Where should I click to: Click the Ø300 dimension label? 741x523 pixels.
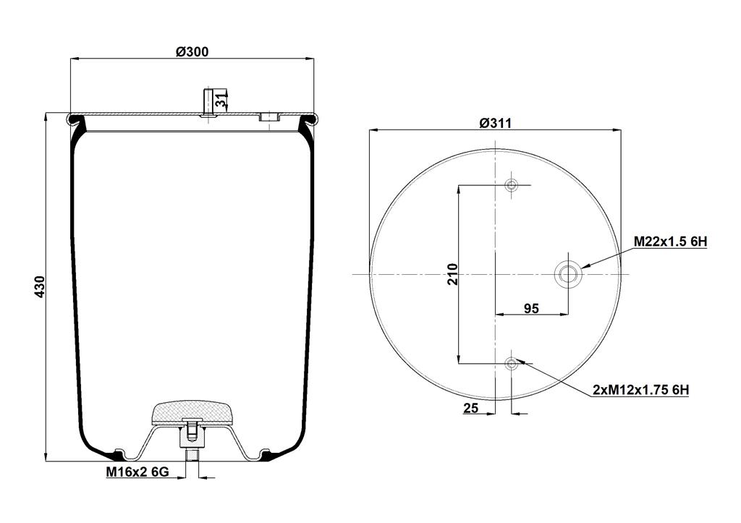192,51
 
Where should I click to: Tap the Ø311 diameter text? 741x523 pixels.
495,123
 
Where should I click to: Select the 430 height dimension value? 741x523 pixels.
40,286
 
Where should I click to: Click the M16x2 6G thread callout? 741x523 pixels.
137,471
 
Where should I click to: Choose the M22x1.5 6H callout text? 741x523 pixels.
670,242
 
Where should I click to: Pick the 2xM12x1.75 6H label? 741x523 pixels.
641,390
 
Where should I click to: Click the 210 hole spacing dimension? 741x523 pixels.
453,274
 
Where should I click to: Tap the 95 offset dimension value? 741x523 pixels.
532,308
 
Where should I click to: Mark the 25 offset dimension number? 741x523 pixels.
470,408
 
